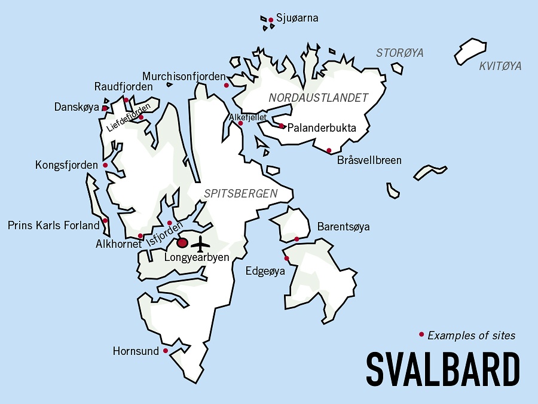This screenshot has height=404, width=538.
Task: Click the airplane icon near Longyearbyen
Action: (202, 244)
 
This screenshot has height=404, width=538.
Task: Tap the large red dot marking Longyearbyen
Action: (182, 243)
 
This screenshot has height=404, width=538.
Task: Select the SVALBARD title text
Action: (442, 369)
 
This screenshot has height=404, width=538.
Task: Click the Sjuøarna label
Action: (297, 18)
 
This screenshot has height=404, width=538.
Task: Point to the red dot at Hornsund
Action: (166, 351)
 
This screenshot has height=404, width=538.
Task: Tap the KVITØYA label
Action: (500, 66)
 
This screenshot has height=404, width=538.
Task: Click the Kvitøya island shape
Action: (470, 51)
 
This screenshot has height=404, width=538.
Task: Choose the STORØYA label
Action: (399, 53)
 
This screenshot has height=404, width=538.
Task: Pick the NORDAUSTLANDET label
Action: (318, 98)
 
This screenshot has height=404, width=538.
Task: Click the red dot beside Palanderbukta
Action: (282, 126)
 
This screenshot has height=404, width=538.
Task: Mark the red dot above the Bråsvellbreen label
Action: (329, 150)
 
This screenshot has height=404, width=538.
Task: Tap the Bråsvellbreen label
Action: (369, 160)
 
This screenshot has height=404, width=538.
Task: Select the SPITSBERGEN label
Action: (240, 193)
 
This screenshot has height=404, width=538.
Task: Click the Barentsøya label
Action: (343, 227)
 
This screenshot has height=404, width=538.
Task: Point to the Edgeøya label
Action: (265, 271)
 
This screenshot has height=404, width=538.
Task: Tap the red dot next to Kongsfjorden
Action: (105, 165)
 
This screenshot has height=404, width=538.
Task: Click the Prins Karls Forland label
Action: (53, 226)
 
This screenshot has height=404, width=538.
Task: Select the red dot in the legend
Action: (421, 335)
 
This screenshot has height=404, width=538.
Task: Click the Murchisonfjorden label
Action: (184, 77)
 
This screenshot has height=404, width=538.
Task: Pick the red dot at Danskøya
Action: (105, 108)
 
